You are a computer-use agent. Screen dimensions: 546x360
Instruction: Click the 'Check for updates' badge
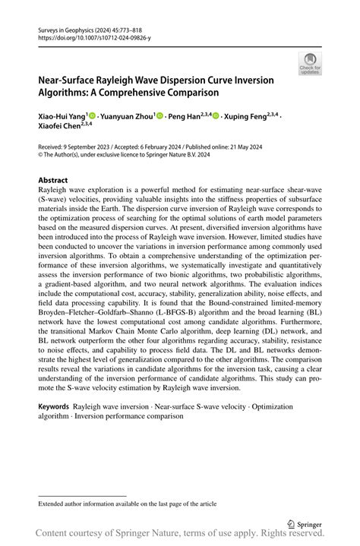click(x=311, y=64)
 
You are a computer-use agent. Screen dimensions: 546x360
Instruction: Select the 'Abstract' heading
click(x=53, y=181)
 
